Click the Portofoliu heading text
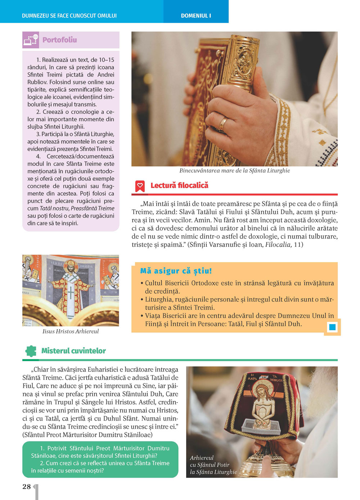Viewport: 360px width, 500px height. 59,40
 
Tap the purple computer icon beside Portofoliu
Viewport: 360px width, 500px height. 31,40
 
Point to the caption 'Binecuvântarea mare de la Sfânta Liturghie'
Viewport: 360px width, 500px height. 234,171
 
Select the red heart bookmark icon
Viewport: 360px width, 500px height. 140,186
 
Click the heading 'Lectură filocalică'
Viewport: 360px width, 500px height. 179,186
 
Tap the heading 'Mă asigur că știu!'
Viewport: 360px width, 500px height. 176,271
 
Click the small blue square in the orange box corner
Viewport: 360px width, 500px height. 332,327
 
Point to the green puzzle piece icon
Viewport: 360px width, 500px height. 31,351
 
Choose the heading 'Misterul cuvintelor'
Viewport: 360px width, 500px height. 73,351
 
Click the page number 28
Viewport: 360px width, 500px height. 27,487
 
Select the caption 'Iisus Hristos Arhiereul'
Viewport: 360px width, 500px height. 71,331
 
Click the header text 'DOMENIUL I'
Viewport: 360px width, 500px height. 196,16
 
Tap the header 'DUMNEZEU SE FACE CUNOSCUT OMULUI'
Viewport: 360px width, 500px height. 69,16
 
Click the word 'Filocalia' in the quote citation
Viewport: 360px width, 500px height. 278,245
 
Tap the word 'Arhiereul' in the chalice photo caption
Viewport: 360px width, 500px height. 202,458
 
